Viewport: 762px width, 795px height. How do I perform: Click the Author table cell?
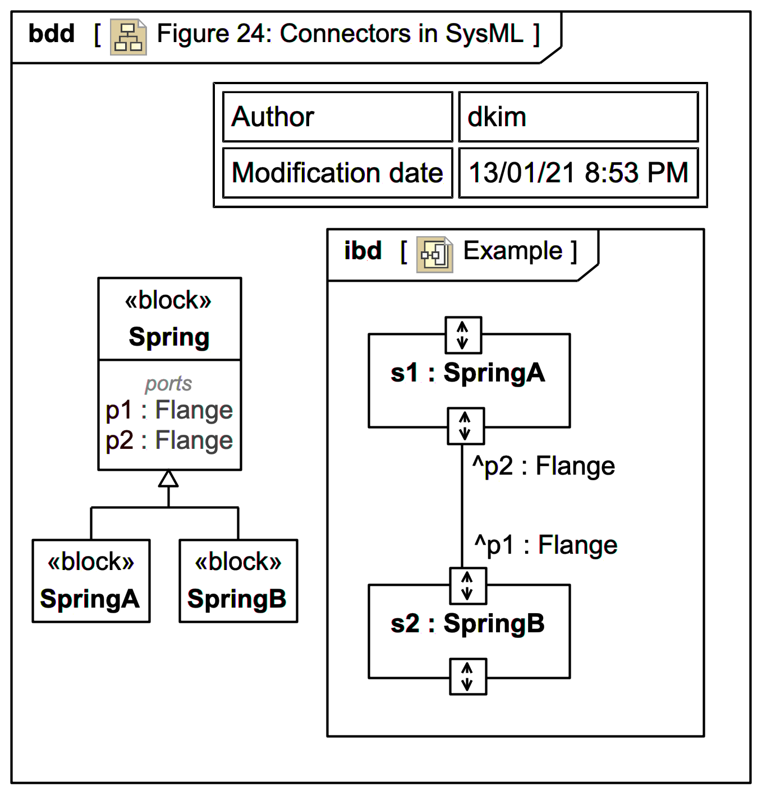337,117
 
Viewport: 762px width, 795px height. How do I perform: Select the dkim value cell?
578,117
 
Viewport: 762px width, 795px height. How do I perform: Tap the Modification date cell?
337,173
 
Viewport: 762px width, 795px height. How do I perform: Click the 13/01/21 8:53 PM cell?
578,173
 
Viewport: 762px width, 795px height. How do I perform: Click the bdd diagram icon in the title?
128,37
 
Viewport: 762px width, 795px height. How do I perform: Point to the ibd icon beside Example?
434,255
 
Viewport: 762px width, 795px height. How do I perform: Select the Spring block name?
169,337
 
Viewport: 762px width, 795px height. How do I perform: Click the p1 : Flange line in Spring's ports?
169,410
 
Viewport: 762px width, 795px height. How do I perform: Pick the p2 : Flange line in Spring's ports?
169,440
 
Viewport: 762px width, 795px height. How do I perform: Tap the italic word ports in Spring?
168,384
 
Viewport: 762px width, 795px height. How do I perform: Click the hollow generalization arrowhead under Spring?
168,479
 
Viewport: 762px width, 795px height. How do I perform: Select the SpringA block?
91,581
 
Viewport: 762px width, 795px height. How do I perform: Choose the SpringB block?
238,581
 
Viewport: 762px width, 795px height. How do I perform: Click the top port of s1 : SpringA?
463,335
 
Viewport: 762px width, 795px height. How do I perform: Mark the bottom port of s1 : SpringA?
465,426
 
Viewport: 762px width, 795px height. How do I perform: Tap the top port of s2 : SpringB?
467,586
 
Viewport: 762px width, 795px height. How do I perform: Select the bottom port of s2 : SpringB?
467,677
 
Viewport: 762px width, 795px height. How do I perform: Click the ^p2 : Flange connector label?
543,466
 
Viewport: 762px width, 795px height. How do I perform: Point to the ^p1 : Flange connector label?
545,545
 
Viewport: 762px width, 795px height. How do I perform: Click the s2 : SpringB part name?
467,624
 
